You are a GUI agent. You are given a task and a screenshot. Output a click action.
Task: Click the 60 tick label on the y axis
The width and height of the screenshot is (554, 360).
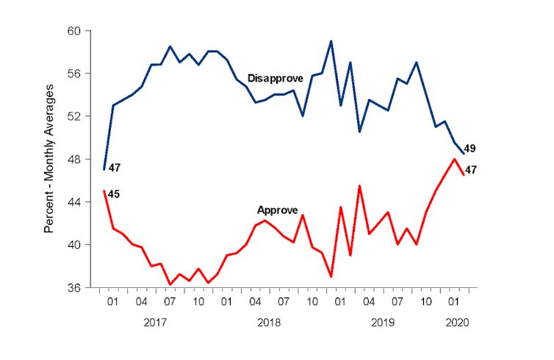pyautogui.click(x=82, y=31)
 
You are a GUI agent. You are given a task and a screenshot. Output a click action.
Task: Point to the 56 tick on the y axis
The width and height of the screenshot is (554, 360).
pyautogui.click(x=82, y=73)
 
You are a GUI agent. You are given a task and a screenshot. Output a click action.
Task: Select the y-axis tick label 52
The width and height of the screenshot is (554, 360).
pyautogui.click(x=82, y=116)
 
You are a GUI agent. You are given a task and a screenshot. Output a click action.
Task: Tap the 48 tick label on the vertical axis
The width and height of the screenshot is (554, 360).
pyautogui.click(x=82, y=159)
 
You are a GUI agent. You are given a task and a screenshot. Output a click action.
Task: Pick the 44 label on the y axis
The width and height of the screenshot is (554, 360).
pyautogui.click(x=82, y=201)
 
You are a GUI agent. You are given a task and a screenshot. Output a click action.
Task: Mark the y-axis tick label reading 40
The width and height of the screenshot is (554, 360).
pyautogui.click(x=82, y=244)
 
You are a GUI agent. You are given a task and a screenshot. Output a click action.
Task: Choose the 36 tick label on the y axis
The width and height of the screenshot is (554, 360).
pyautogui.click(x=82, y=287)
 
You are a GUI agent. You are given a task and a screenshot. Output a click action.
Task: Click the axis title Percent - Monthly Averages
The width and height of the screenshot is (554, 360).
pyautogui.click(x=49, y=159)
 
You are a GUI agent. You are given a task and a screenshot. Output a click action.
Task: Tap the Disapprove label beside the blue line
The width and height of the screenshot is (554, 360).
pyautogui.click(x=275, y=78)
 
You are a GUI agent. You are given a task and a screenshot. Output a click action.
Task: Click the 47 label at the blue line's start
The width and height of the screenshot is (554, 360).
pyautogui.click(x=115, y=168)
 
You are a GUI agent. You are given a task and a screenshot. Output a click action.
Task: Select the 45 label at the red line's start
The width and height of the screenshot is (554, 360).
pyautogui.click(x=115, y=194)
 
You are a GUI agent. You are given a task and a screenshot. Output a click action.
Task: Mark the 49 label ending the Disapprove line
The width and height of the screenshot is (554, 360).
pyautogui.click(x=470, y=148)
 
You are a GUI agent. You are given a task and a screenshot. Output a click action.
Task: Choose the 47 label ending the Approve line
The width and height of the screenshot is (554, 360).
pyautogui.click(x=470, y=170)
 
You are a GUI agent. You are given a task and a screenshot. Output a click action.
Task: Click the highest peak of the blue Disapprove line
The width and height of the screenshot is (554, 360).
pyautogui.click(x=331, y=41)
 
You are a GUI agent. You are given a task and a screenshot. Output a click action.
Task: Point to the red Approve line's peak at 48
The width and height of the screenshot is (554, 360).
pyautogui.click(x=455, y=159)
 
